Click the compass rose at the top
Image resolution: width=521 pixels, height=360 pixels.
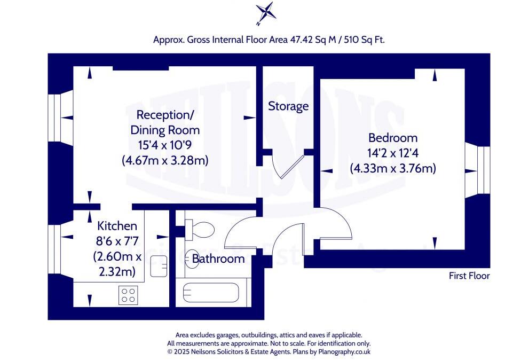(266, 13)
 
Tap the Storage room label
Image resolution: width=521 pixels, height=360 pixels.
(288, 106)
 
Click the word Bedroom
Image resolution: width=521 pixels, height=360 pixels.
(393, 138)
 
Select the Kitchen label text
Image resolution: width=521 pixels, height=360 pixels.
(117, 226)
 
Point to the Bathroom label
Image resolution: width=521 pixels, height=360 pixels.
(218, 259)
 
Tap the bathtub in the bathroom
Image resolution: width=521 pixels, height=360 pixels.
(211, 293)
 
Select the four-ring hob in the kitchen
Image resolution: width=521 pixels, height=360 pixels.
(128, 295)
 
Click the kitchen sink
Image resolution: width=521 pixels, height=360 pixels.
(159, 266)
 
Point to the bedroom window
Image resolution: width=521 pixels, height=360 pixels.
(477, 170)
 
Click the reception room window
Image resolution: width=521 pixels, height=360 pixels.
(60, 118)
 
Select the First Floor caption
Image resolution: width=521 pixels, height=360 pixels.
(469, 276)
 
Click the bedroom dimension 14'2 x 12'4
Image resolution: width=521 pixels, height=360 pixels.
(393, 153)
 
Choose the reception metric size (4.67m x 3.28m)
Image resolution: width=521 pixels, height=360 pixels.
(165, 161)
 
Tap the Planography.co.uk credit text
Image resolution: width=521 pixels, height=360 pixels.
(344, 351)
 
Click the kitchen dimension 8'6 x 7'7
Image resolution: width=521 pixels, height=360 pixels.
(117, 241)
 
